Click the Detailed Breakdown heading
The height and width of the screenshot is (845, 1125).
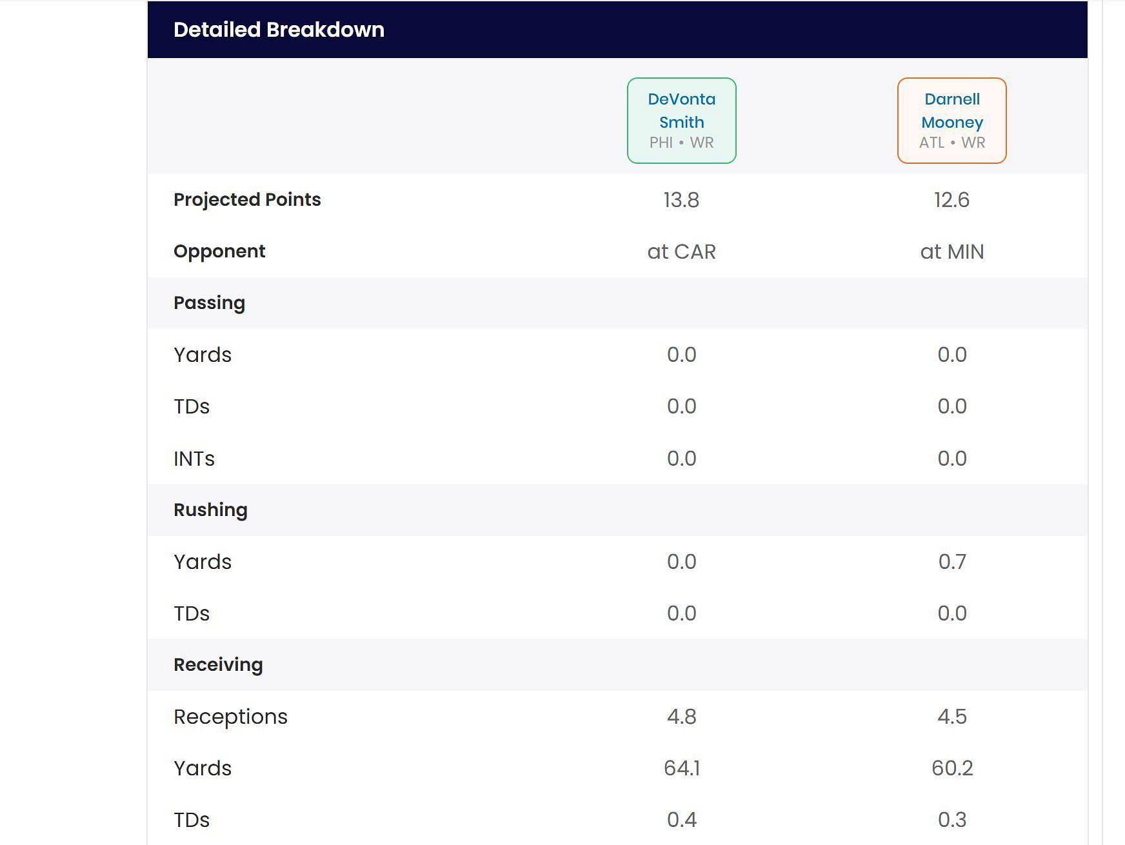279,30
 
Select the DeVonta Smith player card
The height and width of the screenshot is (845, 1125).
681,121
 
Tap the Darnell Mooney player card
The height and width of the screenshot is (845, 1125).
951,121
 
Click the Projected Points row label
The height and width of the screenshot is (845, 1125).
247,200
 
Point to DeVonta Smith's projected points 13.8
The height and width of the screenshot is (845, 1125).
681,200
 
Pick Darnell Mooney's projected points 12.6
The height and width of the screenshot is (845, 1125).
951,200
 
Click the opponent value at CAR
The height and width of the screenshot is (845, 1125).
681,252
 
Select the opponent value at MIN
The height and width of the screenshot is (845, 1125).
951,252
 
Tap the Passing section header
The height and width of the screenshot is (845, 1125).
209,303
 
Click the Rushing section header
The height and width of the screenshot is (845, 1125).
210,510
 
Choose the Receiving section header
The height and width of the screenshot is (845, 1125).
218,665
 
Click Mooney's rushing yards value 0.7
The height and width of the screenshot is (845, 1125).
951,562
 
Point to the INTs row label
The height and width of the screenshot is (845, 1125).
194,459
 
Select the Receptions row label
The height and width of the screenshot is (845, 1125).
230,717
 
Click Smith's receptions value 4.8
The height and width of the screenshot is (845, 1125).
681,717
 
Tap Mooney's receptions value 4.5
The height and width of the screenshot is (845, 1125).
951,717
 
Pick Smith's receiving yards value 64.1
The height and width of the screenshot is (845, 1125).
681,768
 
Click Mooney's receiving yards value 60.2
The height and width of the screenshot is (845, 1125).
951,768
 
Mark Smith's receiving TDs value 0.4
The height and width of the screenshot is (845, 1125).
681,820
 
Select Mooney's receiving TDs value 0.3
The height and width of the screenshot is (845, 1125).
951,820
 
